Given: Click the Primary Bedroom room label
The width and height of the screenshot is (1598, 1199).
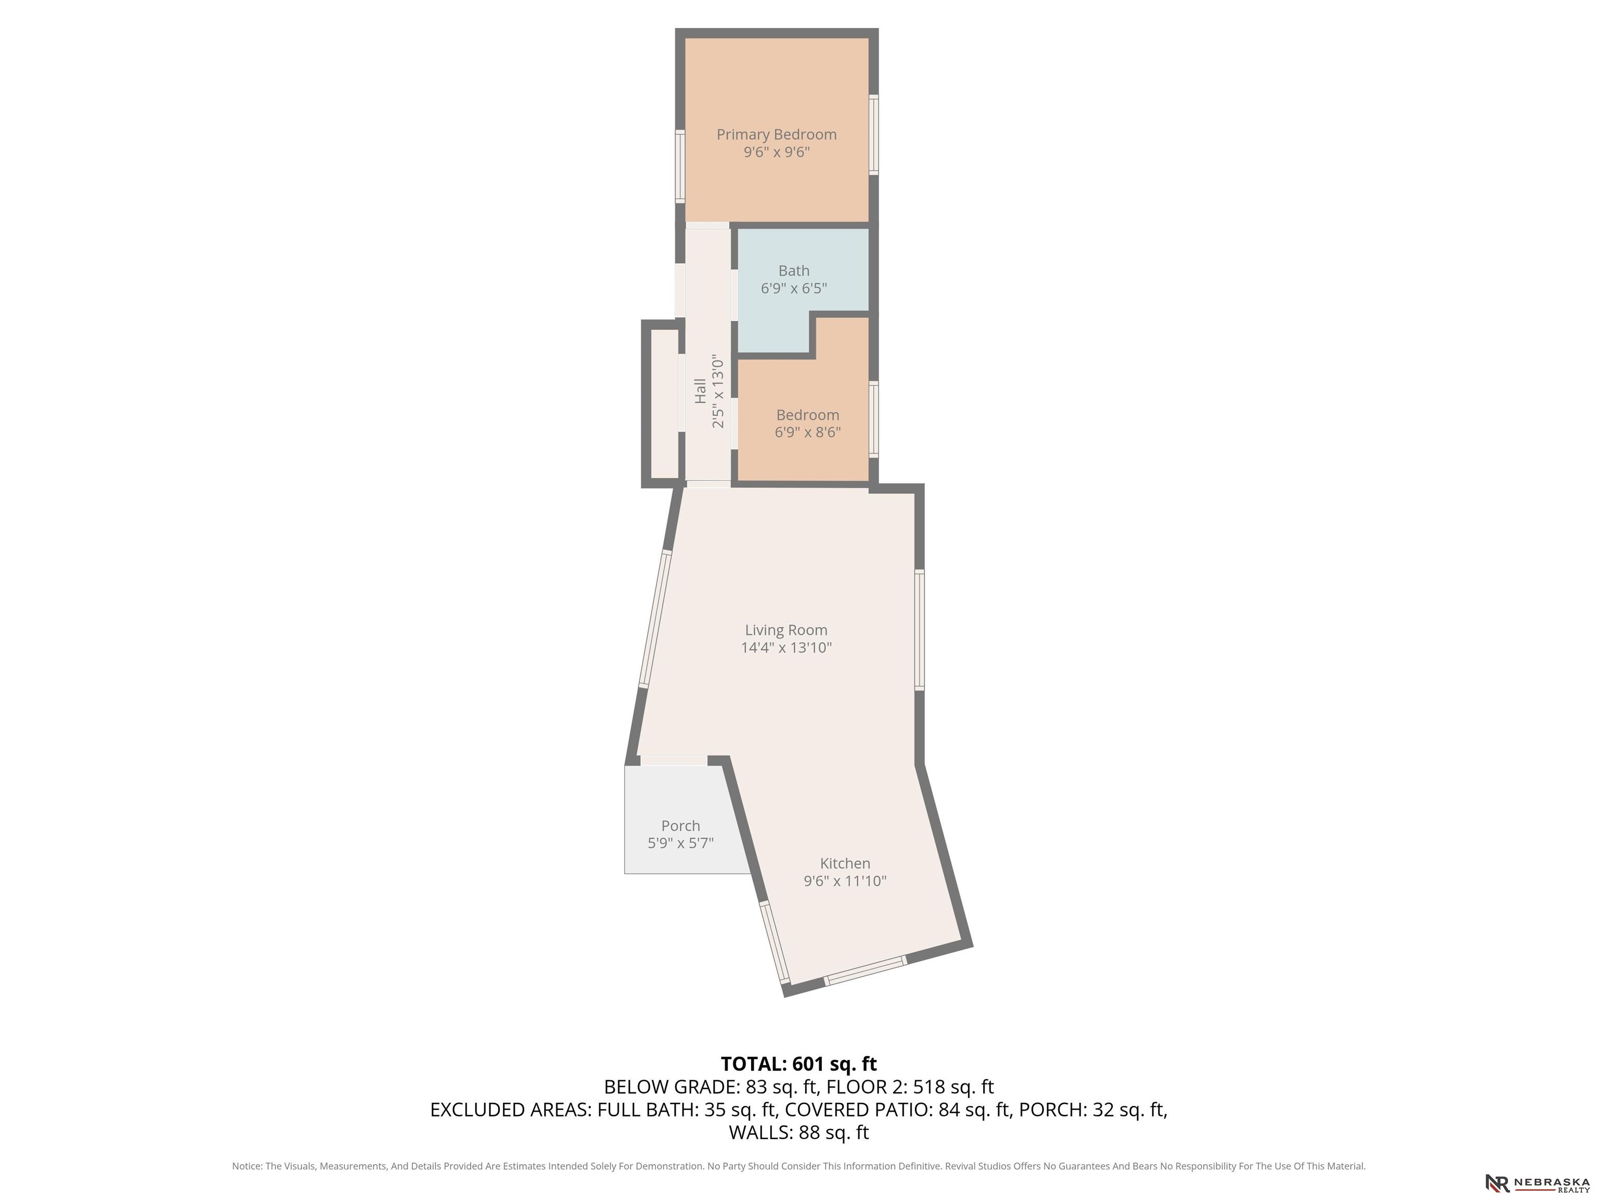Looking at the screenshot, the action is (x=777, y=134).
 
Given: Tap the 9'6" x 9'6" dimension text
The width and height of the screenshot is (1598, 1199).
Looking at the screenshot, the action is (x=777, y=152).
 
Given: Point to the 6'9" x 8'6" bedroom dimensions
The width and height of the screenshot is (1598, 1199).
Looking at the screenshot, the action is (x=808, y=432).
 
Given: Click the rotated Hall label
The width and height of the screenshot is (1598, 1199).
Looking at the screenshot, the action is (x=700, y=391).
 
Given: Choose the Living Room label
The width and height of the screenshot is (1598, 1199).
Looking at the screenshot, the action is (x=786, y=630).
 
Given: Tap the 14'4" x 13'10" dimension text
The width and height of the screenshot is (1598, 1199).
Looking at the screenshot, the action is (x=786, y=647).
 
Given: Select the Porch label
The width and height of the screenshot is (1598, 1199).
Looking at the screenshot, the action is (x=680, y=825).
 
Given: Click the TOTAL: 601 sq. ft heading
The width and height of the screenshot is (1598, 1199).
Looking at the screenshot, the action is (x=799, y=1064).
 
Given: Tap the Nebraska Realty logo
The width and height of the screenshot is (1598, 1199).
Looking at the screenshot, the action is (x=1537, y=1183).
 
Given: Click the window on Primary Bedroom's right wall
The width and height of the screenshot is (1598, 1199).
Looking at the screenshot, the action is (x=873, y=134).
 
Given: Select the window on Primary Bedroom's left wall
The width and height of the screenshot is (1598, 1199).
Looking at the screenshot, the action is (x=680, y=166).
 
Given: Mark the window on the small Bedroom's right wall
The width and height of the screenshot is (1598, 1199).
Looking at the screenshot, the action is (x=873, y=419).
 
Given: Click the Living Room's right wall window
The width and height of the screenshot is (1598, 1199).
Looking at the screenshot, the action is (x=920, y=630).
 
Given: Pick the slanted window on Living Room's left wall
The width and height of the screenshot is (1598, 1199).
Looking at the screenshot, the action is (x=655, y=619).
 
